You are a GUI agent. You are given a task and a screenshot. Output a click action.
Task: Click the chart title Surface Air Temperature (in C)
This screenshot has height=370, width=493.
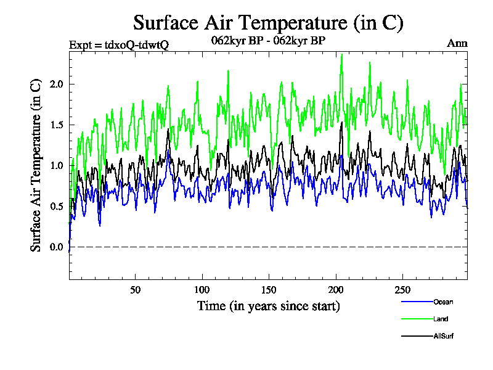[268, 23]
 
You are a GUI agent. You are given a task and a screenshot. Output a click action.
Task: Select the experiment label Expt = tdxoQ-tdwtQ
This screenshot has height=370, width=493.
[119, 44]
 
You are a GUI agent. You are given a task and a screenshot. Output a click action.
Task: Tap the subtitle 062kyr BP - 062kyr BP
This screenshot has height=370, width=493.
[268, 41]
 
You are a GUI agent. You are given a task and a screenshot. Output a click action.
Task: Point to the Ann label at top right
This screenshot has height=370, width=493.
[457, 44]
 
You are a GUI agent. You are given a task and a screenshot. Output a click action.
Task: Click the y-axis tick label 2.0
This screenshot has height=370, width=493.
[57, 84]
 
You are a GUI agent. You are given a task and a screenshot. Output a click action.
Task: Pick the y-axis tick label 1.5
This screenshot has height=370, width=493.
[57, 125]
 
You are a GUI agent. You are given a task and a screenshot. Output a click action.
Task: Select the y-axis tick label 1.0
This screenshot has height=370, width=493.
[57, 165]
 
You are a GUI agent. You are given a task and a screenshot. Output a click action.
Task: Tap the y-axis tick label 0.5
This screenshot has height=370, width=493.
[57, 206]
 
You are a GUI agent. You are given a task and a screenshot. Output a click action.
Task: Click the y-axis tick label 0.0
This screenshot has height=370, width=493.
[57, 247]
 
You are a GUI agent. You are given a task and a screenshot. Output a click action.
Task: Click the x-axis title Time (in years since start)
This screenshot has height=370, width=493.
[268, 306]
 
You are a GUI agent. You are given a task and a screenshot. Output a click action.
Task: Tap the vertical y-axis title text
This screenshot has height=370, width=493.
[36, 165]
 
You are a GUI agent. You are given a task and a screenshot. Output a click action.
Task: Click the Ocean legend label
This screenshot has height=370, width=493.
[443, 302]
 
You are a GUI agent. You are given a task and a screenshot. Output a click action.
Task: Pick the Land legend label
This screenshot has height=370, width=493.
[441, 319]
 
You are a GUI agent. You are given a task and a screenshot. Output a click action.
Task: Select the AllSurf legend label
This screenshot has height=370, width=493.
[444, 336]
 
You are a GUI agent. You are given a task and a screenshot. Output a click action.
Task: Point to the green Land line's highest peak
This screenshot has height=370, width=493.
[341, 54]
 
